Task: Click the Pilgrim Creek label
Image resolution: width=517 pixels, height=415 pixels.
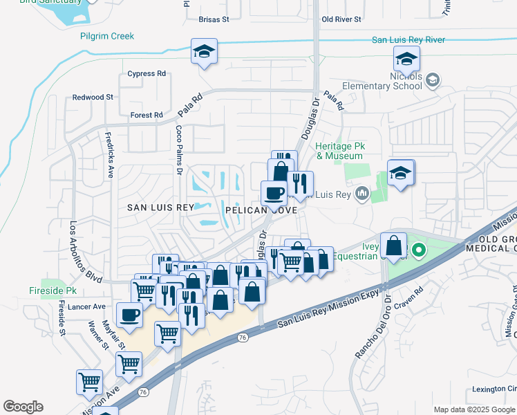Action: tap(106, 36)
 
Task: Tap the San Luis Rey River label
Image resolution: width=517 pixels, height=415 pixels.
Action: tap(408, 40)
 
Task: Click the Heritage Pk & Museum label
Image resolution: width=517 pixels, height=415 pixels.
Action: tap(339, 151)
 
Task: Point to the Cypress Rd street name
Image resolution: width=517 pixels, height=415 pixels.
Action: tap(147, 73)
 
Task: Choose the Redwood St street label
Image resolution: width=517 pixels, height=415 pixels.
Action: tap(93, 98)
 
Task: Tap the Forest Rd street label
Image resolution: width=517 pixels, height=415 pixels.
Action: tap(146, 115)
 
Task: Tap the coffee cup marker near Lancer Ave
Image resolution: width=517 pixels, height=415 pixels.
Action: tap(129, 315)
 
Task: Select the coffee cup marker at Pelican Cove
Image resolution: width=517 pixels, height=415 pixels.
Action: tap(274, 192)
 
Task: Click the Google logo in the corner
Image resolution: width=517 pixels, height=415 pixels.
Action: tap(23, 407)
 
